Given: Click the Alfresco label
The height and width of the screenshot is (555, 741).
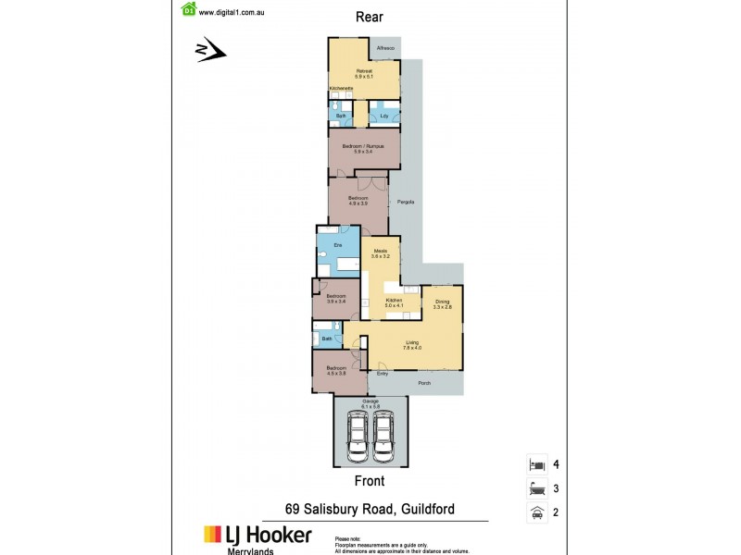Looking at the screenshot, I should (385, 48).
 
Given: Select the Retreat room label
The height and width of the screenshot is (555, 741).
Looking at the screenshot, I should (364, 70).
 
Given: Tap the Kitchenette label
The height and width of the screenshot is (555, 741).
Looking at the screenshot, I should (341, 89).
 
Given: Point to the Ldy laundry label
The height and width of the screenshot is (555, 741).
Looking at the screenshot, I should (383, 116).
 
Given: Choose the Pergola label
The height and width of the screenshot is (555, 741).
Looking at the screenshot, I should (405, 202).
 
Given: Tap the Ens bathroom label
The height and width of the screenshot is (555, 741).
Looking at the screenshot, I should (338, 244).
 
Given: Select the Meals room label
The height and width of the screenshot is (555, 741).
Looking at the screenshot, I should (380, 251).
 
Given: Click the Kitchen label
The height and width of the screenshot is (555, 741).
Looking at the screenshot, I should (393, 301).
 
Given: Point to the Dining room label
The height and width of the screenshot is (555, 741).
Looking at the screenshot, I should (443, 302).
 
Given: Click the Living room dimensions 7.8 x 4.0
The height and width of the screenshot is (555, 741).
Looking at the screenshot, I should (412, 348).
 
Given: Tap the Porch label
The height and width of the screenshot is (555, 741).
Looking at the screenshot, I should (421, 382).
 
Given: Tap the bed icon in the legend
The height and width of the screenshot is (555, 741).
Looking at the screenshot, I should (534, 463).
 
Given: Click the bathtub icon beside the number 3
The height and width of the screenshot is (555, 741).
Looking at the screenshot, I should (534, 488).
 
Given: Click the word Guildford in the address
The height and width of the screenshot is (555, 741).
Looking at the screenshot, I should (423, 510).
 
